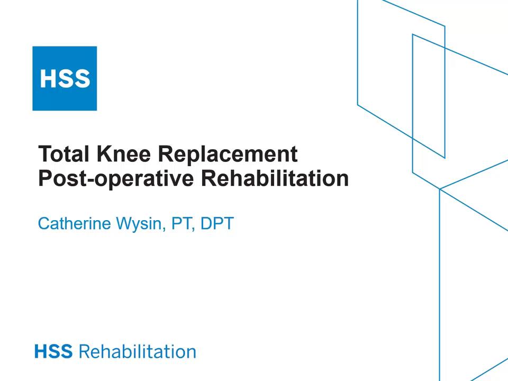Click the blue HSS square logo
(65, 78)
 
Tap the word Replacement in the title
(228, 155)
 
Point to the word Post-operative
(116, 179)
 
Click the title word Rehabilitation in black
(275, 179)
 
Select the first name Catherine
(75, 223)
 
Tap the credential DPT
(216, 223)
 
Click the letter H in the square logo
(48, 79)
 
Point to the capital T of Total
(45, 155)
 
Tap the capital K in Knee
(104, 155)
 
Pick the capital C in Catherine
(44, 223)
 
